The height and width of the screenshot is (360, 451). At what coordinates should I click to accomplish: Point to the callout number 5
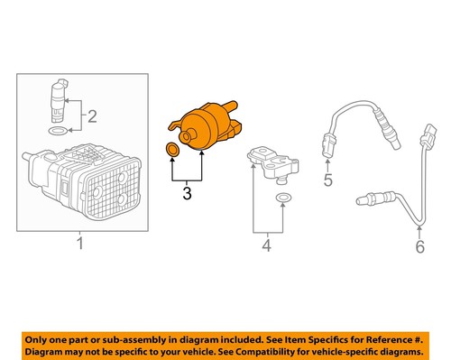pyautogui.click(x=328, y=180)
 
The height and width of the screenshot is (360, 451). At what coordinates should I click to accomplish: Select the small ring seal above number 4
pyautogui.click(x=282, y=196)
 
